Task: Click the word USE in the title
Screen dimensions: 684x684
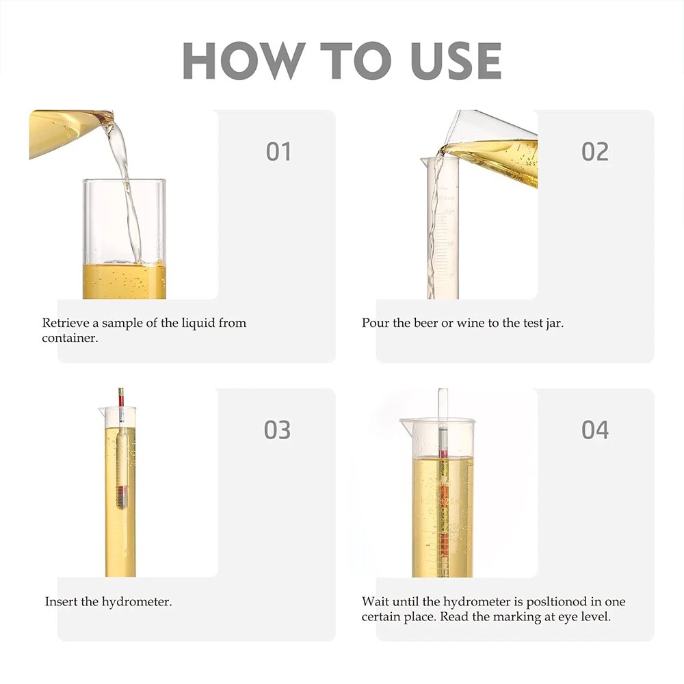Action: click(456, 61)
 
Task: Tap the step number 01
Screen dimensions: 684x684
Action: click(278, 151)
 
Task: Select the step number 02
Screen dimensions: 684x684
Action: click(594, 151)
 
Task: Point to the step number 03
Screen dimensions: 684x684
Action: click(278, 430)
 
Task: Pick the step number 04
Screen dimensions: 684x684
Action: click(594, 430)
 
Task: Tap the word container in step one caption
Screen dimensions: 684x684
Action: click(69, 338)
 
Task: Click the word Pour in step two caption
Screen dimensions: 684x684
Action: click(375, 323)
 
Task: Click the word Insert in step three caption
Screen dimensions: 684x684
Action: click(61, 602)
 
